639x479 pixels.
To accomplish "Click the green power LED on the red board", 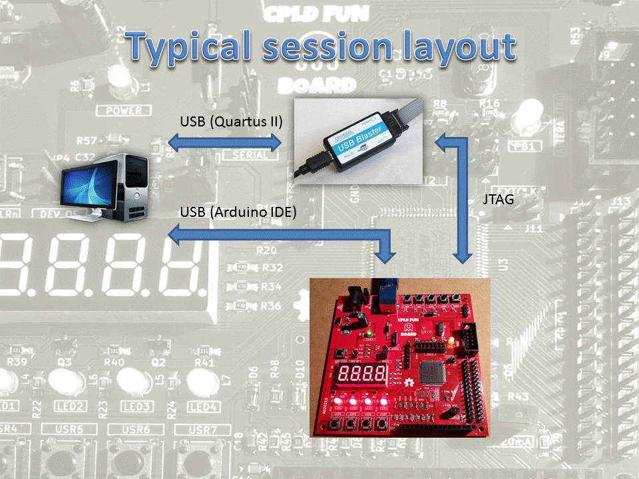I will [x=369, y=332].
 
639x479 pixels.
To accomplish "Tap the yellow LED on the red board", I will [x=451, y=343].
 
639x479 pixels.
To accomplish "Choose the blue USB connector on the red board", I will [x=387, y=295].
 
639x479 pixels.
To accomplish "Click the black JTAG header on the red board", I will [x=471, y=336].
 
